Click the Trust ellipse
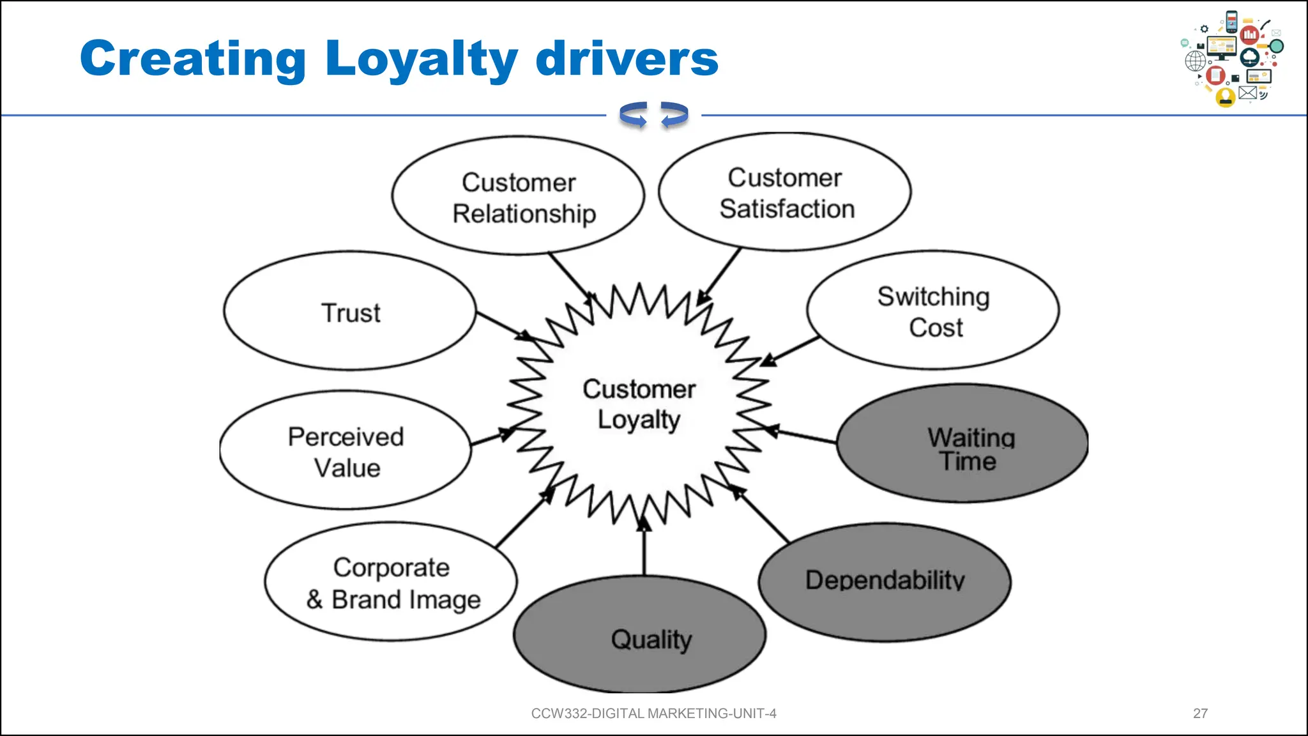pos(350,311)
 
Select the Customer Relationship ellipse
pos(518,196)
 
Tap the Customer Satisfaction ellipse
pos(785,192)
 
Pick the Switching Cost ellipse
pos(933,311)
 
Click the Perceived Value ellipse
pos(346,451)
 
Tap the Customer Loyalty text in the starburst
pos(639,404)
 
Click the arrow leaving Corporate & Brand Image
pos(524,519)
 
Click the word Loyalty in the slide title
pos(422,59)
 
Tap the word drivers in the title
pos(627,59)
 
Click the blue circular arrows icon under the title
pos(653,115)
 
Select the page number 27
pos(1200,714)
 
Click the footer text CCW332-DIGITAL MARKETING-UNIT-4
pos(653,714)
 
